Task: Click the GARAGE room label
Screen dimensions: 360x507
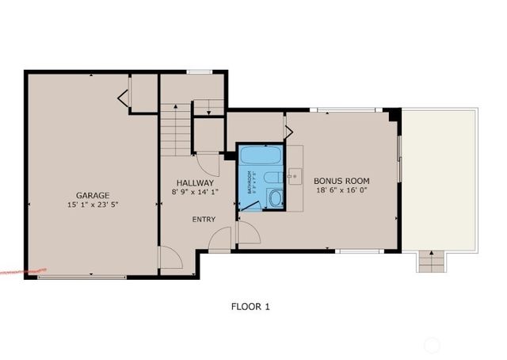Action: coord(93,195)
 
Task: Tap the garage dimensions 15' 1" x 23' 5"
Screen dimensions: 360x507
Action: coord(93,205)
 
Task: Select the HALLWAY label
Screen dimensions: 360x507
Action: coord(194,182)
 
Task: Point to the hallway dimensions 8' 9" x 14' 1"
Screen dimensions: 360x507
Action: coord(194,191)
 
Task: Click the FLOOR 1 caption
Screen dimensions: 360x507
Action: coord(250,305)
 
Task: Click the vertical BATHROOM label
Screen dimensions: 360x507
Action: coord(249,182)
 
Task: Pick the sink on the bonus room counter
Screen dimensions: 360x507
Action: coord(295,176)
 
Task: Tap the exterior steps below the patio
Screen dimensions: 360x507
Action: coord(430,261)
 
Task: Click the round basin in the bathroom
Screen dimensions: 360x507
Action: coord(276,199)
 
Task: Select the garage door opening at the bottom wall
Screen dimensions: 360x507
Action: coord(81,277)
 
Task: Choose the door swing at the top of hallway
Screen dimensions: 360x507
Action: coord(209,165)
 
